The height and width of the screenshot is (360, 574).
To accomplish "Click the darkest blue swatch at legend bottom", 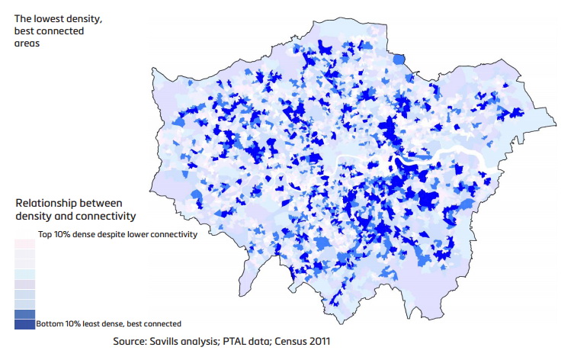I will click(24, 324).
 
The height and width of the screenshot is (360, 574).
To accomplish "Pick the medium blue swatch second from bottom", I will click(24, 313).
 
